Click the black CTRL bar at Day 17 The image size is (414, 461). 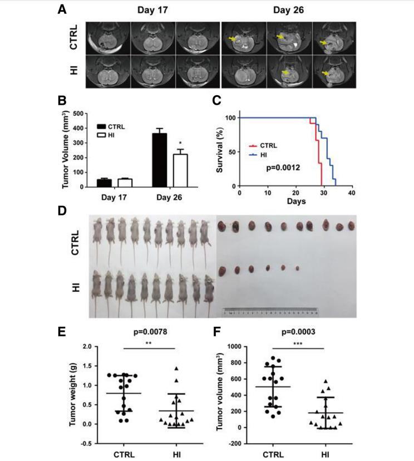pos(104,183)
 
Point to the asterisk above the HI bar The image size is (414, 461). pos(180,143)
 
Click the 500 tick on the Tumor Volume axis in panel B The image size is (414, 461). pos(83,114)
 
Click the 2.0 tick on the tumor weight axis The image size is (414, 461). pos(87,347)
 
